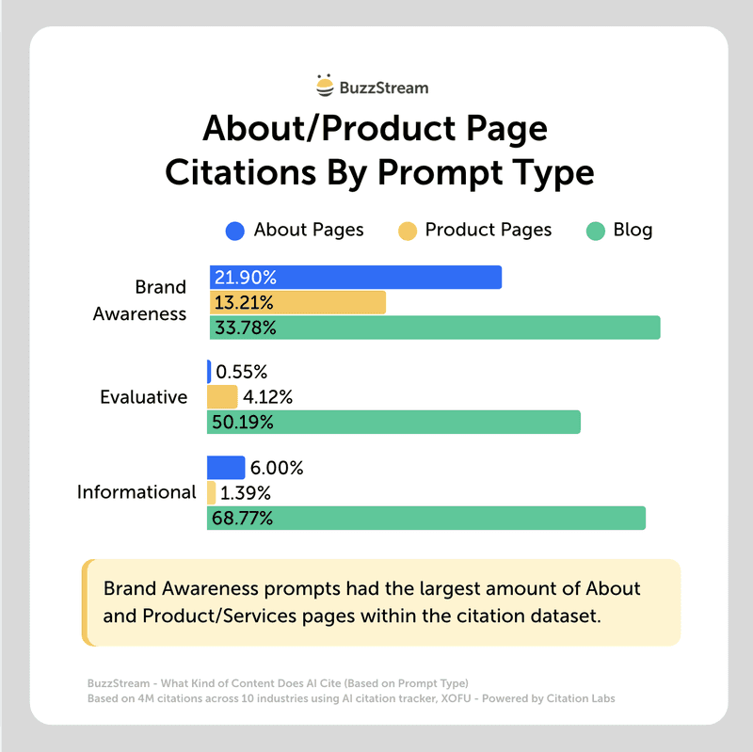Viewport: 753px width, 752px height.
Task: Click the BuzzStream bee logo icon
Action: (x=325, y=87)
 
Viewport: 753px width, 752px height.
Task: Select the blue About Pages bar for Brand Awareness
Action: (x=356, y=278)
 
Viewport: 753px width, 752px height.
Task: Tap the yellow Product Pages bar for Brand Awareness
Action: (x=297, y=303)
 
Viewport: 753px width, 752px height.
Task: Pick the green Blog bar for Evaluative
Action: (x=393, y=422)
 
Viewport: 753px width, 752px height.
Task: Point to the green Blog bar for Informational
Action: (x=426, y=518)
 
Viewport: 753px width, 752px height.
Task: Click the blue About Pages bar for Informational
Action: (x=226, y=467)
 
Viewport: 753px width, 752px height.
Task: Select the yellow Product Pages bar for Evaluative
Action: (x=222, y=396)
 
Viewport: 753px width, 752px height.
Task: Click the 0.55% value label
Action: (x=243, y=372)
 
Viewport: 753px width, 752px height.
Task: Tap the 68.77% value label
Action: (x=244, y=518)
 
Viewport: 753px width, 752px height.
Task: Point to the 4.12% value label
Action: (x=269, y=397)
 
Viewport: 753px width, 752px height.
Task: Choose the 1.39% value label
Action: (x=247, y=492)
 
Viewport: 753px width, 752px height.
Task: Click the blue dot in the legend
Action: (x=235, y=231)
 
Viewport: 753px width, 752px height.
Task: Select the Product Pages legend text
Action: (x=489, y=230)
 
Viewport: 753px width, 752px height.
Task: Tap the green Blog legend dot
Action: (x=595, y=231)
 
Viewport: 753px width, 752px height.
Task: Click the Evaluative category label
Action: (x=143, y=397)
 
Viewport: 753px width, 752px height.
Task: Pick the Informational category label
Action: (x=136, y=492)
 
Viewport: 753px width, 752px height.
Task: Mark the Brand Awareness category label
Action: (x=140, y=300)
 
